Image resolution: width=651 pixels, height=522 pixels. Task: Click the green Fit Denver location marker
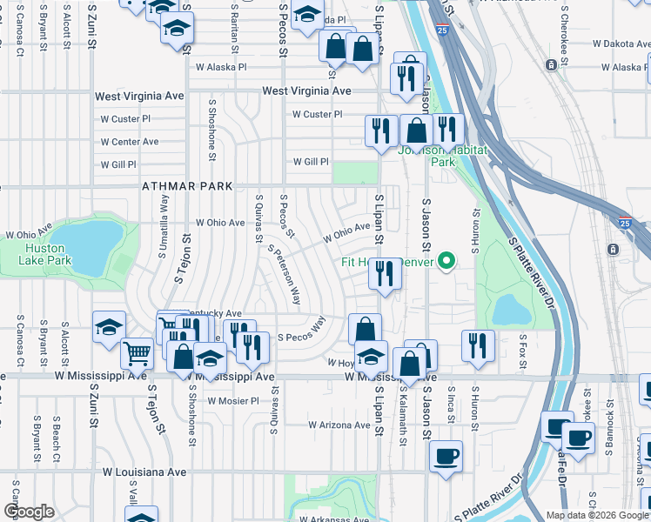(x=447, y=260)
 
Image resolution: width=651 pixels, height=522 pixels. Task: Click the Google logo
(x=29, y=512)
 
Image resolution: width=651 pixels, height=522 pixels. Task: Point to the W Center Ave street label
(x=130, y=142)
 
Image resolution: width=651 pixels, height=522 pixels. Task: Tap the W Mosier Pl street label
(x=233, y=401)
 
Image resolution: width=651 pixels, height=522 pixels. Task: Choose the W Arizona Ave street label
(x=339, y=425)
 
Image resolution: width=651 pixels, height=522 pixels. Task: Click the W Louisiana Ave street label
(x=144, y=472)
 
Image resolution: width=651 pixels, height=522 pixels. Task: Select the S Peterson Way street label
(x=284, y=272)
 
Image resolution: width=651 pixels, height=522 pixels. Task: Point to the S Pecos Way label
(x=301, y=336)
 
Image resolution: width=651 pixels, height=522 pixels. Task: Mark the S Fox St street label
(x=523, y=348)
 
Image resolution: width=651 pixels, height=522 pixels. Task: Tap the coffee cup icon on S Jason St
(x=446, y=457)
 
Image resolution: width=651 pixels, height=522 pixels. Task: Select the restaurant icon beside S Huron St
(x=478, y=345)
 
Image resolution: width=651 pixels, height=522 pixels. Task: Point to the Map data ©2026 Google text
(x=596, y=515)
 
